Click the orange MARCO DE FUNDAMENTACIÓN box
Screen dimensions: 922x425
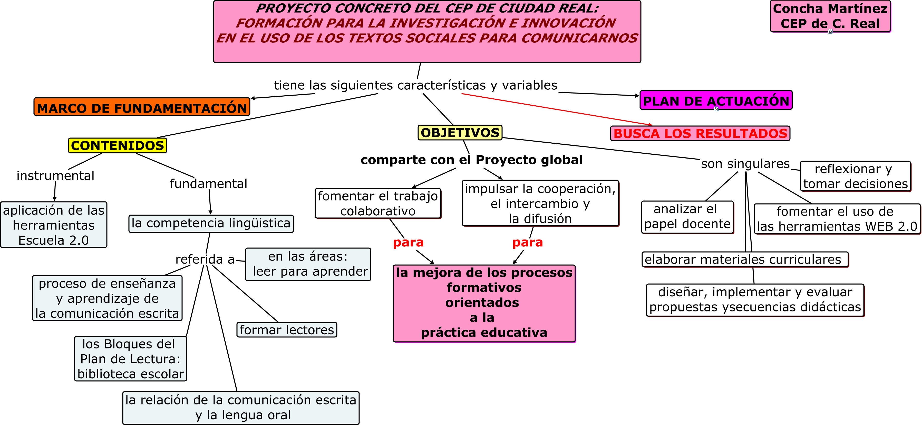click(142, 107)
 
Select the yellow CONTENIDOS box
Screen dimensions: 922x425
click(117, 145)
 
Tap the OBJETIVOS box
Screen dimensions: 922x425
click(460, 133)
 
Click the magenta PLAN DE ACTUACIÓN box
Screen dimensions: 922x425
click(716, 101)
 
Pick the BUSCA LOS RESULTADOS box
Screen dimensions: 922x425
click(700, 133)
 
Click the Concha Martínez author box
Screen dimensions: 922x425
click(830, 16)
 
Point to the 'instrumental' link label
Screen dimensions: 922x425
click(55, 175)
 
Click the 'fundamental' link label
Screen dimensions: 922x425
click(208, 183)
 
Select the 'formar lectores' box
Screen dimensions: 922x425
click(287, 330)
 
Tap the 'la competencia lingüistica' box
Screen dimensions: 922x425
click(211, 223)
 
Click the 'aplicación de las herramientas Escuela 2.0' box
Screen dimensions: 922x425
click(54, 225)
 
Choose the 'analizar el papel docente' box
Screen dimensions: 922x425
click(687, 217)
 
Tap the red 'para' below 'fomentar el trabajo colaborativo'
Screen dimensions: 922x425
click(408, 243)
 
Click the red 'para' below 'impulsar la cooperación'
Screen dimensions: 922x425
click(528, 243)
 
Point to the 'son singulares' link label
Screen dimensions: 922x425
click(745, 163)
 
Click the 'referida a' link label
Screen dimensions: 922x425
click(205, 259)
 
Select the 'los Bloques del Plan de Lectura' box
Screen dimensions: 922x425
click(131, 359)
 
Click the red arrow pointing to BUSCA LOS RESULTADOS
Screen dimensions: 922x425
click(555, 109)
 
